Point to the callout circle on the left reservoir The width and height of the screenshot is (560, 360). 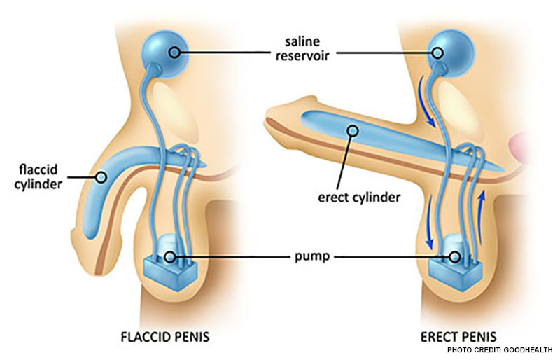[173, 51]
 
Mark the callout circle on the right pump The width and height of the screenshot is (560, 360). [455, 257]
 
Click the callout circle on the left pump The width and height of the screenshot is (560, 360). [170, 257]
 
